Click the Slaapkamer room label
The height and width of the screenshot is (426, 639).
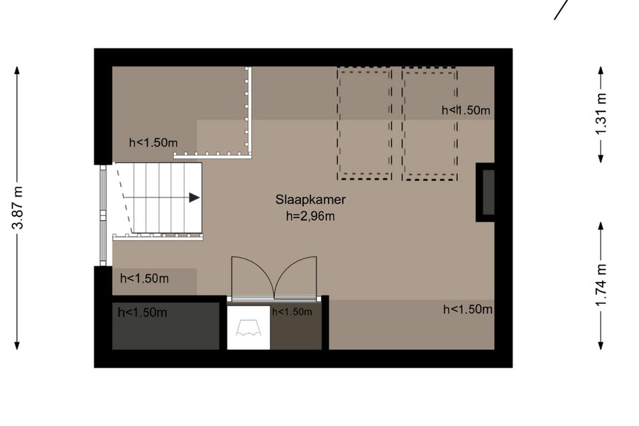point(310,200)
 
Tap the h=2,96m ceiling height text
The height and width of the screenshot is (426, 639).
point(310,216)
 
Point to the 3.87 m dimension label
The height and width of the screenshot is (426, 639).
point(18,207)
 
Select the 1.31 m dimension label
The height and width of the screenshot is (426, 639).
point(601,114)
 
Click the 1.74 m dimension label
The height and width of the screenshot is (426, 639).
point(601,285)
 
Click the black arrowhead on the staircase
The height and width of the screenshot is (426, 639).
point(195,197)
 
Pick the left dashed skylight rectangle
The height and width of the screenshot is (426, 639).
point(364,124)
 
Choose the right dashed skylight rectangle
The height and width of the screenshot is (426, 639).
point(430,124)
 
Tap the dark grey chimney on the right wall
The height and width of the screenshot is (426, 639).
point(486,192)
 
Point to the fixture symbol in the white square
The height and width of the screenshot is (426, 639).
point(248,328)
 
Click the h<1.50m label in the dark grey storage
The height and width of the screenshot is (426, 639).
point(142,312)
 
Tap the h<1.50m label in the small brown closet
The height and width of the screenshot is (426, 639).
point(293,312)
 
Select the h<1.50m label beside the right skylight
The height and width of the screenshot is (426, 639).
point(466,110)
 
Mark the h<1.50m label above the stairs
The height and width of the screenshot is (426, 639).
point(153,143)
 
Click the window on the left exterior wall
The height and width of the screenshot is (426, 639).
point(103,215)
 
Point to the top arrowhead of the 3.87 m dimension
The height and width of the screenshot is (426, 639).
point(17,70)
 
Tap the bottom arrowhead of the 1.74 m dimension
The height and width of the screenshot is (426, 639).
point(601,346)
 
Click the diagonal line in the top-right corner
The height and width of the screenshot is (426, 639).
point(561,9)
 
